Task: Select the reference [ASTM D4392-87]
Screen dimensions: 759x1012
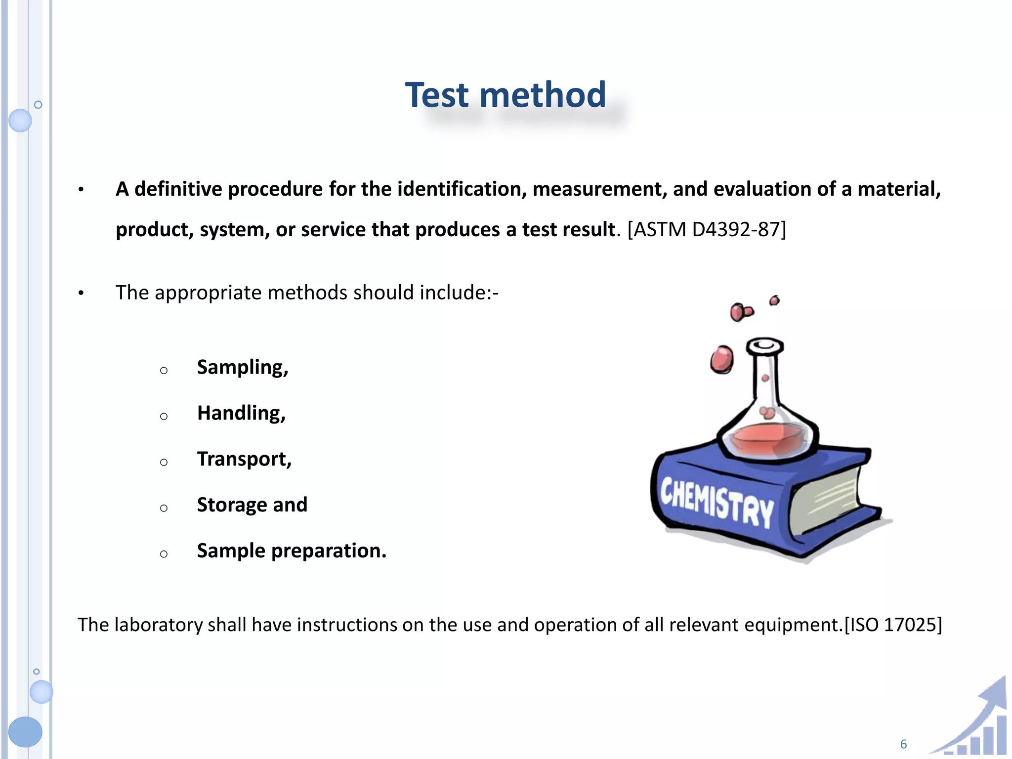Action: pos(707,230)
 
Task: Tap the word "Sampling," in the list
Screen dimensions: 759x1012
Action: pos(242,368)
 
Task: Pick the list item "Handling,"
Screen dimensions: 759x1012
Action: pos(241,414)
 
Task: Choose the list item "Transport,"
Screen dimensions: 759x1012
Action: pos(244,460)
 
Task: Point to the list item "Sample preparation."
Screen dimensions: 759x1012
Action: pos(292,551)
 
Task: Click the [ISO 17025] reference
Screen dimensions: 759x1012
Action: pos(893,625)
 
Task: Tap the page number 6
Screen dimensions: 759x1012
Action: pos(903,744)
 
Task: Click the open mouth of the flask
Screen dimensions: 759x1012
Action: pos(765,344)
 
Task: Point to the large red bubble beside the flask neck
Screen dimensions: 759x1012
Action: pos(722,359)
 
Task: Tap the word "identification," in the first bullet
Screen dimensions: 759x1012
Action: pos(462,189)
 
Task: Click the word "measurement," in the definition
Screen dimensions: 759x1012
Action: pos(599,189)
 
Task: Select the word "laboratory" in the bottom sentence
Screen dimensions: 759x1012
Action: pos(159,625)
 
